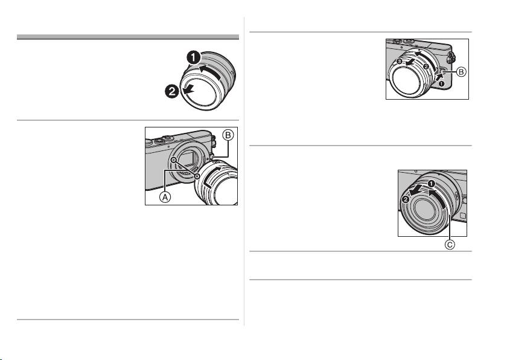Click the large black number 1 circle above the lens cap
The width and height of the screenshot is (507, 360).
coord(194,58)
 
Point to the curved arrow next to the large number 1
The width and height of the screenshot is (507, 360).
coord(211,72)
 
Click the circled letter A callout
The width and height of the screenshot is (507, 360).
coord(165,197)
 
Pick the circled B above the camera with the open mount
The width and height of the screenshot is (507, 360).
coord(228,135)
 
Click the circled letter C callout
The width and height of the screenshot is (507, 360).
coord(450,245)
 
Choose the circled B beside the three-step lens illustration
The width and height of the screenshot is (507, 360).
coord(461,72)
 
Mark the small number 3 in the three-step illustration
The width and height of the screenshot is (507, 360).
coord(400,61)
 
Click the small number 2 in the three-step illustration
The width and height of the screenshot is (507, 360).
coord(426,66)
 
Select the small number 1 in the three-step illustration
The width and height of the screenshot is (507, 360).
coord(442,83)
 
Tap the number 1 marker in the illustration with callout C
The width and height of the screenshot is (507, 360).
coord(431,184)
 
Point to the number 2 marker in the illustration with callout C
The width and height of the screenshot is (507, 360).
coord(405,200)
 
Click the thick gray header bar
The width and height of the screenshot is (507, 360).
coord(128,37)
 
